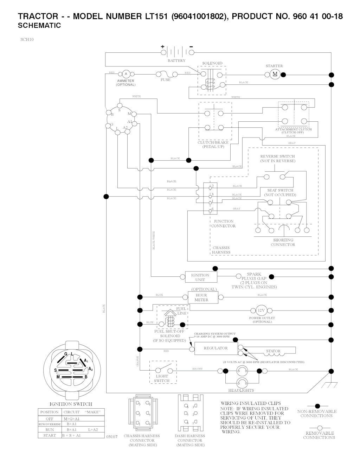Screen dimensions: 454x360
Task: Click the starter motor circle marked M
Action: [x=275, y=74]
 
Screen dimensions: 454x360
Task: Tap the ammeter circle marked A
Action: [x=126, y=74]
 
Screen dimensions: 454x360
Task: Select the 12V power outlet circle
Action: [x=261, y=310]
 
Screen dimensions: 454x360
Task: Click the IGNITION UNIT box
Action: [x=200, y=277]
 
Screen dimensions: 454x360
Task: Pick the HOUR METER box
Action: [x=201, y=298]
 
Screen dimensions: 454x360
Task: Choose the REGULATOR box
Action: [x=216, y=348]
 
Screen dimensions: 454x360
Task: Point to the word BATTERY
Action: [x=176, y=60]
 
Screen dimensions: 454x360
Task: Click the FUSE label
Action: [x=166, y=80]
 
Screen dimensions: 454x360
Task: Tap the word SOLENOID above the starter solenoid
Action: [x=212, y=63]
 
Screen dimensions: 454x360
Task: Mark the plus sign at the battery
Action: [x=163, y=47]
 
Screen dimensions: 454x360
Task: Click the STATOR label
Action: [x=273, y=351]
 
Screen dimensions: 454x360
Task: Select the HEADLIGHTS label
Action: [x=241, y=390]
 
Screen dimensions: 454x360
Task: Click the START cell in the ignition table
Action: [x=50, y=435]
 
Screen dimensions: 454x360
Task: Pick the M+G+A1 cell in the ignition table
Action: [x=72, y=419]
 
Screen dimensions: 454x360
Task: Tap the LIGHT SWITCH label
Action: [x=162, y=378]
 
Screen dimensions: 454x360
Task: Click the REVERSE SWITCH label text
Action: [x=277, y=156]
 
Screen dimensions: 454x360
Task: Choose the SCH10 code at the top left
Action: [x=27, y=39]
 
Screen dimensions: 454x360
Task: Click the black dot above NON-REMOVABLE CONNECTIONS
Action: [x=317, y=406]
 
